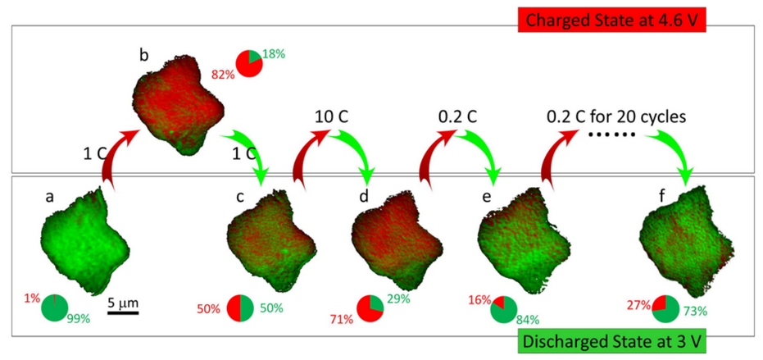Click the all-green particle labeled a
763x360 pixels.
click(84, 238)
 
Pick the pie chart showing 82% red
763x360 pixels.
click(249, 64)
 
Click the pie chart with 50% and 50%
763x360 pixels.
click(240, 308)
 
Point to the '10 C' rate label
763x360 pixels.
click(332, 116)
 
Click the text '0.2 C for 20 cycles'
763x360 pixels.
click(615, 116)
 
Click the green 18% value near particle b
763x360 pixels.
click(273, 53)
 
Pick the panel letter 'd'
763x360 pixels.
click(363, 196)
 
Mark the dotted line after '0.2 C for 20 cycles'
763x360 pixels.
click(612, 134)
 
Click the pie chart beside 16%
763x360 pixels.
click(503, 308)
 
